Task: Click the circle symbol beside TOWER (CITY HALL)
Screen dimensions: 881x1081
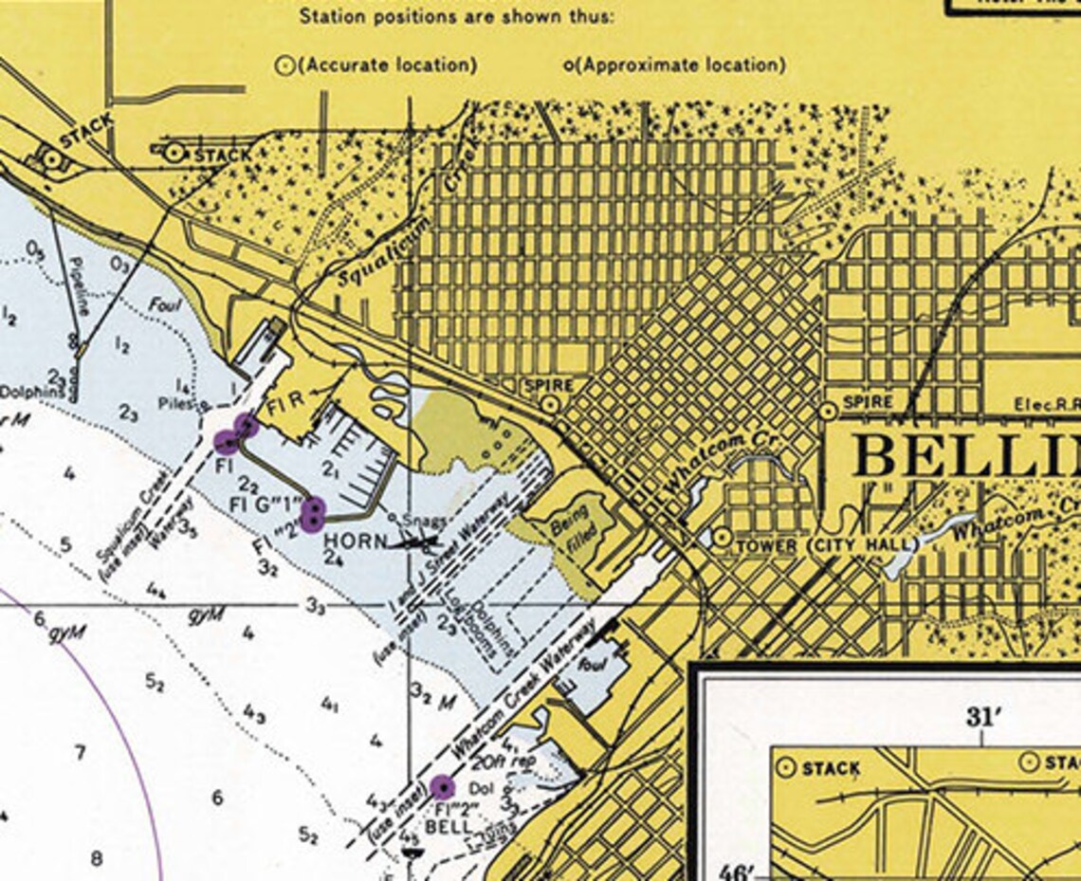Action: tap(723, 538)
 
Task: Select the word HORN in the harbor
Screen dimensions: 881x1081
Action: tap(355, 541)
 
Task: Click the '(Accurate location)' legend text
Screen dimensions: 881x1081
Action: tap(387, 65)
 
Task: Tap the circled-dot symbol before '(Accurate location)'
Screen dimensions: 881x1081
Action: tap(283, 66)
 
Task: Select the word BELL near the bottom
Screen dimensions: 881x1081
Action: tap(449, 827)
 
